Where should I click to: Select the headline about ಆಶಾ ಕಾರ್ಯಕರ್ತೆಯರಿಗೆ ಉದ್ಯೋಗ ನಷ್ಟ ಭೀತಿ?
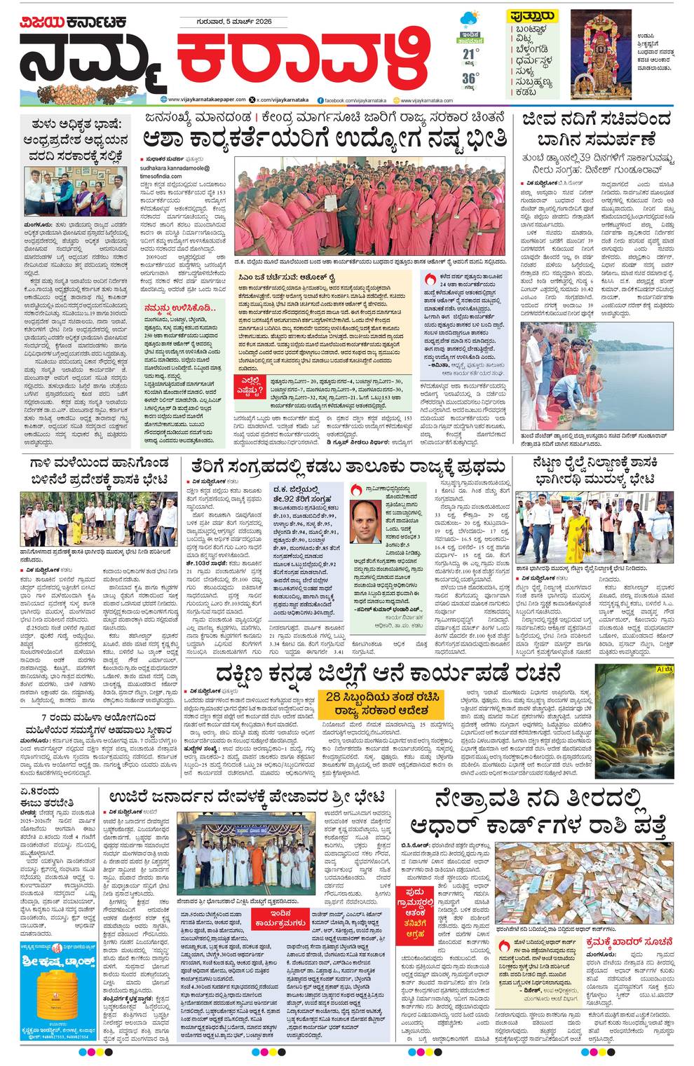click(x=325, y=138)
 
